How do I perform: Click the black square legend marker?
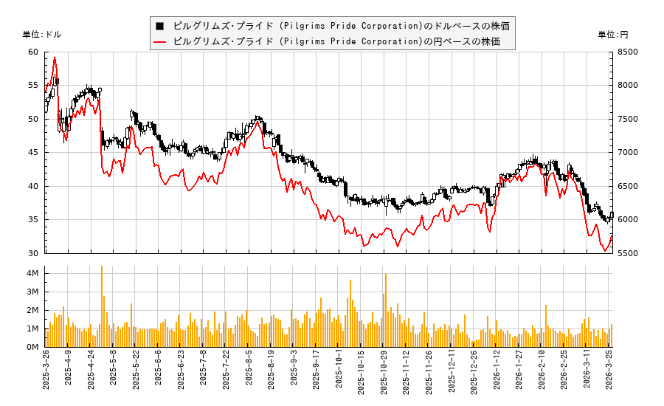159,26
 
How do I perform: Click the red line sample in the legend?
159,41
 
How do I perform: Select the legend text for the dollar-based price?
341,26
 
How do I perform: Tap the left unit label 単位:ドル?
42,35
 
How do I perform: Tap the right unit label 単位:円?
613,35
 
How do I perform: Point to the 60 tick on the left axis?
33,52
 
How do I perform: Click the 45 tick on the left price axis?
33,153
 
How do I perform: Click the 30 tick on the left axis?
33,253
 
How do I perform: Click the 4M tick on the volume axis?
32,273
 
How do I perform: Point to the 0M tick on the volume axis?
32,347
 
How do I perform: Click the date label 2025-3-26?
46,377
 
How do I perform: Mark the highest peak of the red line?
54,58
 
